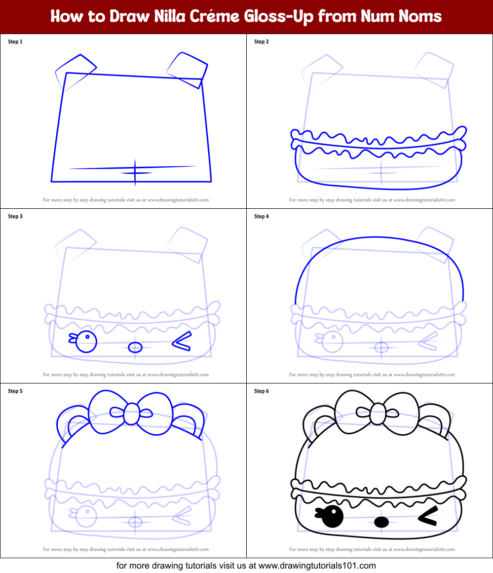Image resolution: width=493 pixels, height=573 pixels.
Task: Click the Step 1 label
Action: tap(15, 42)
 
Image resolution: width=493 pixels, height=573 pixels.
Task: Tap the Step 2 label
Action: tap(262, 42)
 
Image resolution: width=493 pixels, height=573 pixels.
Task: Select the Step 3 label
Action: tap(15, 216)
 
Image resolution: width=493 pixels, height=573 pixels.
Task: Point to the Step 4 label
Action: tap(262, 216)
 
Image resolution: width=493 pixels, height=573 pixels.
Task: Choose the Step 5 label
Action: tap(15, 391)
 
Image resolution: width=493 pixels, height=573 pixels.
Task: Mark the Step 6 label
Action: tap(262, 391)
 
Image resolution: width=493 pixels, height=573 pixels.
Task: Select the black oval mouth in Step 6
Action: tap(381, 521)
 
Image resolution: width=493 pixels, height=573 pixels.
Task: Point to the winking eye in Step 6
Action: tap(428, 516)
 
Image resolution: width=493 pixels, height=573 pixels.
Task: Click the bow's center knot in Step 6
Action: tap(378, 414)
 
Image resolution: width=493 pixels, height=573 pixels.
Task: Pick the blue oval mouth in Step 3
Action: tap(135, 347)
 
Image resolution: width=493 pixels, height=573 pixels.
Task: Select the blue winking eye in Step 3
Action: tap(182, 342)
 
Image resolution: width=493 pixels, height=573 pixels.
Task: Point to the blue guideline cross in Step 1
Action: tap(135, 172)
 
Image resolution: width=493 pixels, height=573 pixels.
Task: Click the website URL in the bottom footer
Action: tap(317, 566)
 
